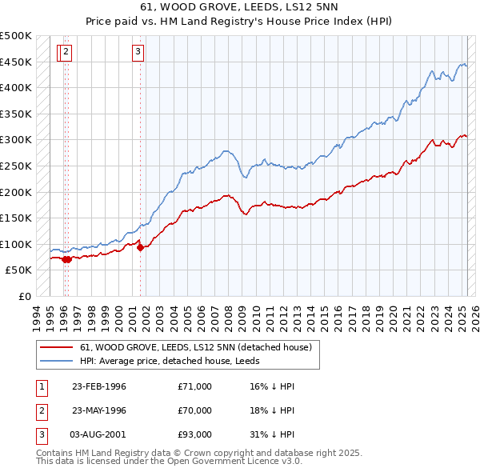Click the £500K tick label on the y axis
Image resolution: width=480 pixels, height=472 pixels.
tap(16, 36)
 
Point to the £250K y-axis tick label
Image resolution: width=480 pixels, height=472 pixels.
tap(16, 166)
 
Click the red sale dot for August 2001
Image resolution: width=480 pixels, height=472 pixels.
tap(140, 247)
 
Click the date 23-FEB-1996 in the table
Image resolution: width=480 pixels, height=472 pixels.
tap(99, 386)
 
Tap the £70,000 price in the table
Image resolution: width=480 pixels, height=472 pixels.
tap(195, 410)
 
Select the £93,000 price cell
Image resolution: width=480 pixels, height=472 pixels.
tap(195, 434)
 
